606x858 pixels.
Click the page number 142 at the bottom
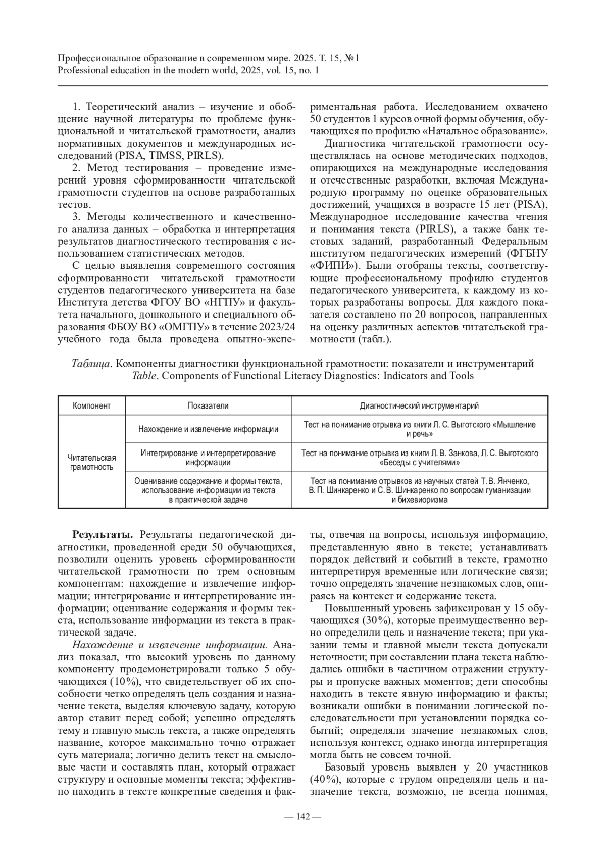[302, 816]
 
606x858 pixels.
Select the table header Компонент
[91, 405]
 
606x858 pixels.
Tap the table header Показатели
[208, 405]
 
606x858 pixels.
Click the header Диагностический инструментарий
[419, 405]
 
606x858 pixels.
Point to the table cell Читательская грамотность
[91, 462]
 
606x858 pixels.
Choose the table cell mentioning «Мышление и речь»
[419, 429]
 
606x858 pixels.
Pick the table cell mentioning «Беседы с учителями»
[419, 457]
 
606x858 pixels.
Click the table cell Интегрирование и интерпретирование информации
[208, 457]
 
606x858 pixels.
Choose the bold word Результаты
[103, 534]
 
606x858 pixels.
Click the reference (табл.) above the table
[374, 339]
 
